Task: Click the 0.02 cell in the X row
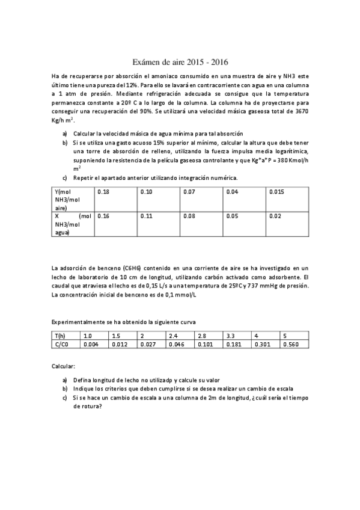275,215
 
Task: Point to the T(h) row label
59,335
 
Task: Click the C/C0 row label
61,343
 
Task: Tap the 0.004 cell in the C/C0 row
90,343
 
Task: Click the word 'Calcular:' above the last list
64,365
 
